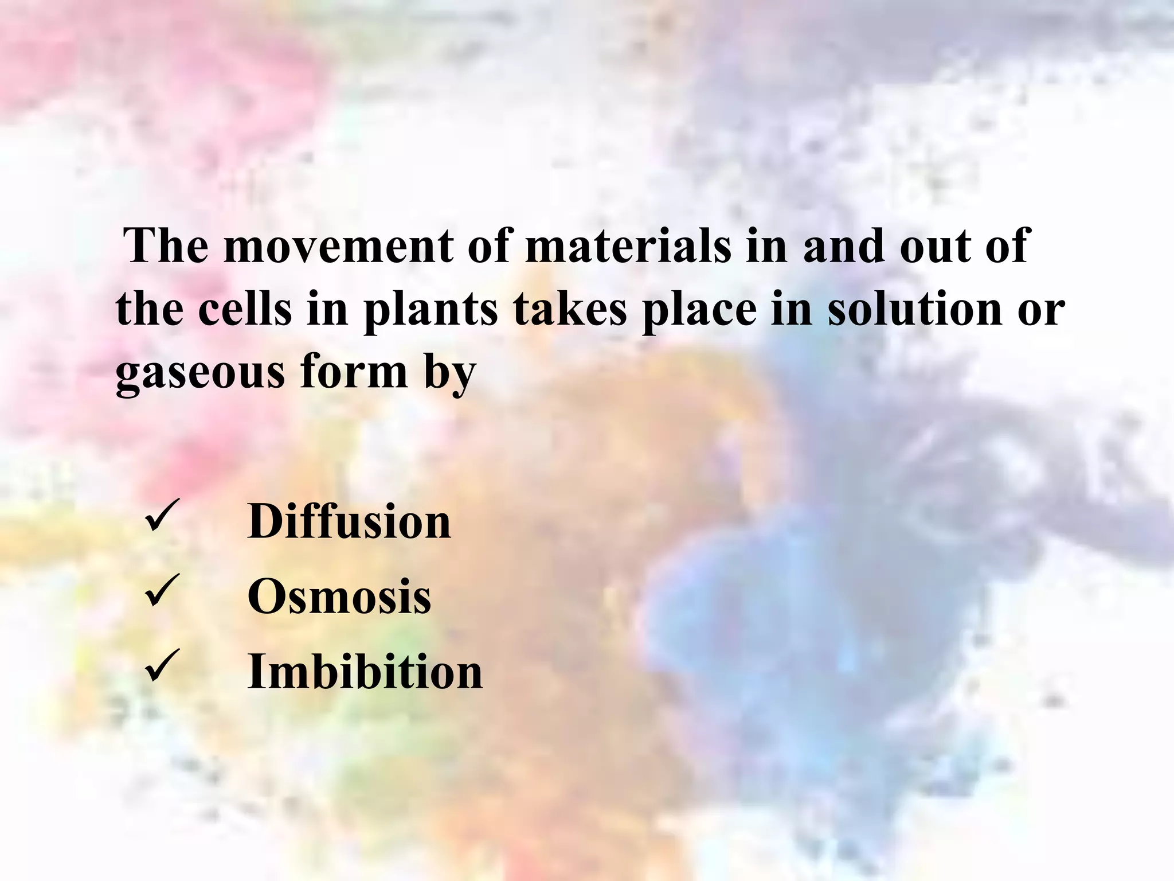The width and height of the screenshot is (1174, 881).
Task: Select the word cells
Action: (245, 310)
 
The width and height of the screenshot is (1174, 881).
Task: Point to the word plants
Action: (431, 310)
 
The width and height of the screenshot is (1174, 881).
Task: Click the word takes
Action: (570, 310)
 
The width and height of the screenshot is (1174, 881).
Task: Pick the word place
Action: (699, 310)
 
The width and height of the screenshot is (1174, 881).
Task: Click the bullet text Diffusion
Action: (349, 521)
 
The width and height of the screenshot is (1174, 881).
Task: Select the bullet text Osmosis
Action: (339, 597)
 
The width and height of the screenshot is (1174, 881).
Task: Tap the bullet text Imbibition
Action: (365, 671)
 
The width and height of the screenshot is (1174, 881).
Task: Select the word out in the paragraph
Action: (934, 247)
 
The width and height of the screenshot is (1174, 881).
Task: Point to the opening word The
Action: (167, 247)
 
